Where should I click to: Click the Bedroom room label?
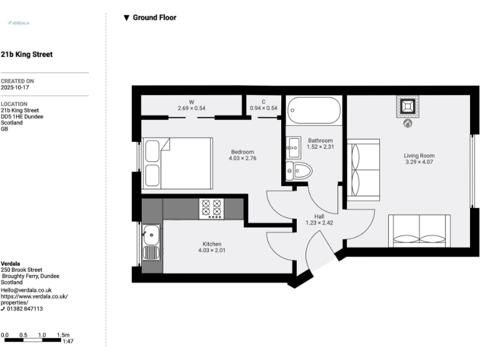point(242,152)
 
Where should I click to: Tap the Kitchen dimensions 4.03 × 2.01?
point(211,251)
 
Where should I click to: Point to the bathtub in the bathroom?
point(314,111)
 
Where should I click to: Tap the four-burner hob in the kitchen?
point(211,209)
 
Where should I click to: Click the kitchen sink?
point(151,237)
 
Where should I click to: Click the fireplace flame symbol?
point(407,124)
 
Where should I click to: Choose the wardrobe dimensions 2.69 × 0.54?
point(191,108)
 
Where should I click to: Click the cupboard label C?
point(264,101)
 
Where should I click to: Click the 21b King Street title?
point(27,54)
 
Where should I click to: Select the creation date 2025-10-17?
point(15,87)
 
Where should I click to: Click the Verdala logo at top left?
point(18,22)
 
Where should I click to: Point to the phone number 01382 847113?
point(24,309)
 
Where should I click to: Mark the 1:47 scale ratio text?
point(68,341)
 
